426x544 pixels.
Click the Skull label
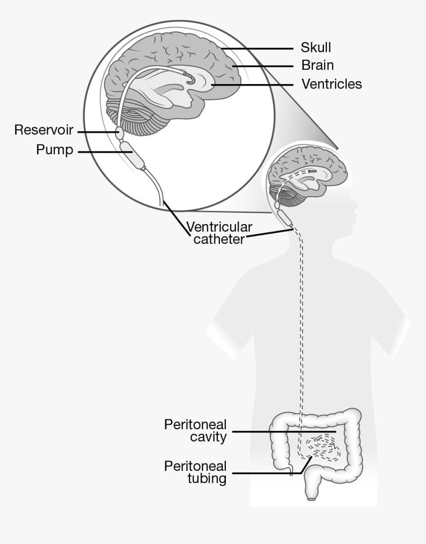click(316, 47)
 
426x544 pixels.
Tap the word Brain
click(318, 65)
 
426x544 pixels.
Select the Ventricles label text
click(331, 84)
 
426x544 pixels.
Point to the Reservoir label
click(44, 130)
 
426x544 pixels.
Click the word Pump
click(54, 150)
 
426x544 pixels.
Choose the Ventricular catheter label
click(219, 233)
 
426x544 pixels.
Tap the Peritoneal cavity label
click(195, 431)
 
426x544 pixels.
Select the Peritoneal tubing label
click(195, 472)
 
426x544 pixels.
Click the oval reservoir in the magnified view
click(119, 132)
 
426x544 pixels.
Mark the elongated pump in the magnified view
click(133, 155)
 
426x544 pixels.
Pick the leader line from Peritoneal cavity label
click(282, 432)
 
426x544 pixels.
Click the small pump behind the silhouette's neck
click(284, 217)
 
